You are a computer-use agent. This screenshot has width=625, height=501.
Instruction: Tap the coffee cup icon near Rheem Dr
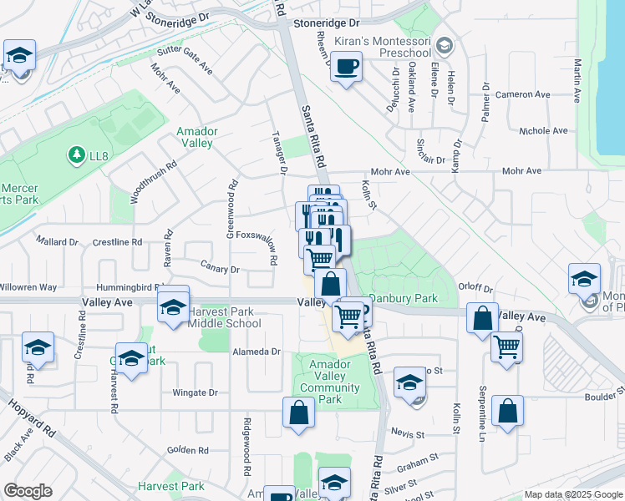pyautogui.click(x=346, y=66)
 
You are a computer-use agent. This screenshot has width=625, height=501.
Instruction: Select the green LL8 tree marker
pyautogui.click(x=77, y=154)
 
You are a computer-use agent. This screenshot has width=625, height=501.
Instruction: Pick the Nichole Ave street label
pyautogui.click(x=542, y=131)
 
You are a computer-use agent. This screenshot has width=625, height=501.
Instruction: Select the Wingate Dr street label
pyautogui.click(x=195, y=392)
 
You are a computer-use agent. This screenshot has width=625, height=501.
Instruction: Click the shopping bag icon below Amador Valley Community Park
pyautogui.click(x=298, y=413)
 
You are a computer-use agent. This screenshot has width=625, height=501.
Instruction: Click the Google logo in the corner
pyautogui.click(x=28, y=491)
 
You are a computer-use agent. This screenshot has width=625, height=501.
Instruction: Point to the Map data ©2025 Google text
pyautogui.click(x=573, y=494)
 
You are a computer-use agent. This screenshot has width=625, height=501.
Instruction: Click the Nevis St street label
pyautogui.click(x=409, y=435)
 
